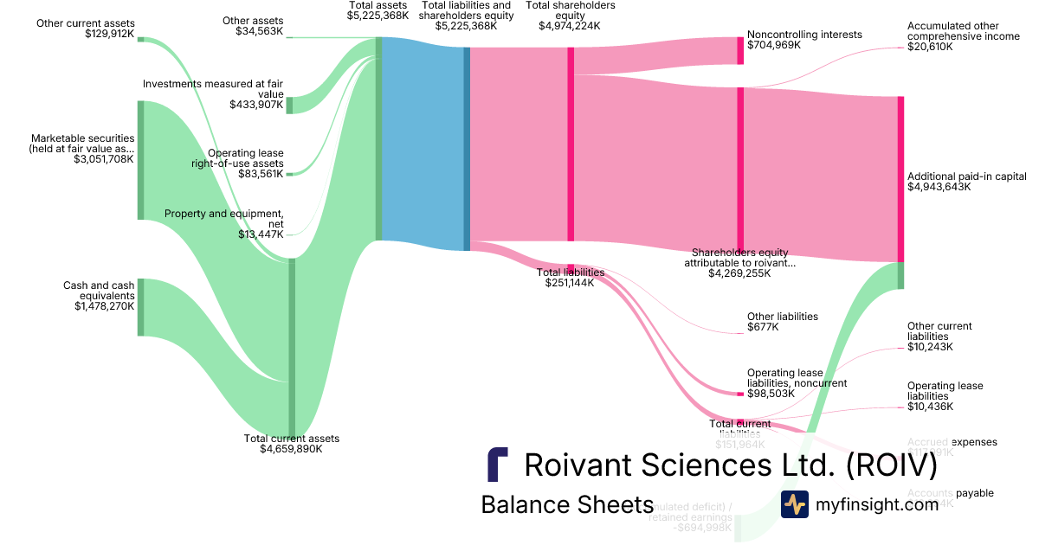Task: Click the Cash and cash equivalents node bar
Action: click(140, 307)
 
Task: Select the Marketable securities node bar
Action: click(140, 160)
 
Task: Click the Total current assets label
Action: click(292, 439)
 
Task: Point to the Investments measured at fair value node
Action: click(289, 105)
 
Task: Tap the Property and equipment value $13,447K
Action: click(261, 234)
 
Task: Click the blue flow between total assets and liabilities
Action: click(423, 143)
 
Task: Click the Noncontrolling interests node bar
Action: click(740, 50)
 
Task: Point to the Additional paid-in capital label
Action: click(966, 176)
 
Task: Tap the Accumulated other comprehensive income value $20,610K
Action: click(930, 47)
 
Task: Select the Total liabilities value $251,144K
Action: click(569, 283)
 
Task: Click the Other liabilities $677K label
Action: click(782, 322)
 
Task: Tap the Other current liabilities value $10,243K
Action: click(930, 347)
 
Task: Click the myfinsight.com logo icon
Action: click(794, 503)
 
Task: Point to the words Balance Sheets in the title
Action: click(566, 504)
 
